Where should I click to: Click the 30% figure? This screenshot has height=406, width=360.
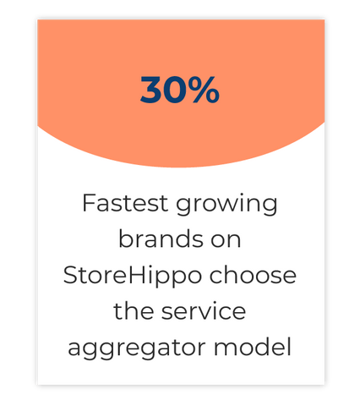(x=180, y=90)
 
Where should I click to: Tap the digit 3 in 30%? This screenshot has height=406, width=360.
(x=150, y=90)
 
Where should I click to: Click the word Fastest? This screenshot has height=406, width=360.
(x=125, y=203)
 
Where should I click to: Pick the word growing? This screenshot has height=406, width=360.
(x=226, y=206)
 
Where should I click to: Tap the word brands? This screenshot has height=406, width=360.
(x=161, y=239)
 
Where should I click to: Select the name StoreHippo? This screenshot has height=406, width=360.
(x=133, y=277)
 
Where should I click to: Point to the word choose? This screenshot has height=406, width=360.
(x=253, y=275)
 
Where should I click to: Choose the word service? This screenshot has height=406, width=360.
(x=204, y=311)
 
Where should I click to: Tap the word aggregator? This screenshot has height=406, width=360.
(x=137, y=349)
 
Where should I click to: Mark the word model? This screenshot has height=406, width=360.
(x=253, y=347)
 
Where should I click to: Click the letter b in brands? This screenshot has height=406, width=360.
(x=126, y=239)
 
